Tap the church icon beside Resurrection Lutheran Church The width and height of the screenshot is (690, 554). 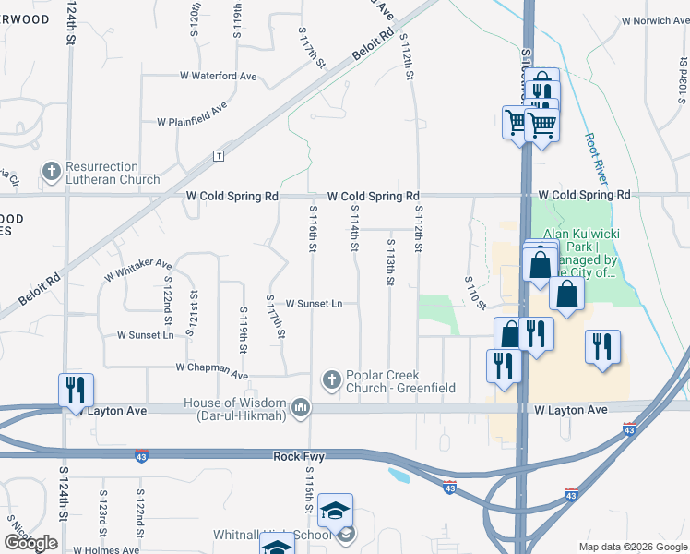[x=52, y=173]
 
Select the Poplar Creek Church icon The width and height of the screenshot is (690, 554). [x=331, y=380]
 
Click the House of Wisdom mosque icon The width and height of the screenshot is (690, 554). [x=300, y=407]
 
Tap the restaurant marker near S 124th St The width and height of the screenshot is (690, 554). [x=76, y=390]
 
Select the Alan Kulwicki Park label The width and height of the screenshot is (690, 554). [x=585, y=253]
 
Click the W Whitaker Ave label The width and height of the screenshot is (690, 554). [x=138, y=269]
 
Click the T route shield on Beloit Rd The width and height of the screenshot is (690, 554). [x=219, y=156]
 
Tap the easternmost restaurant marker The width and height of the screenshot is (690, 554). [x=602, y=347]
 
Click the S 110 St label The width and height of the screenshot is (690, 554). [x=474, y=292]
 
